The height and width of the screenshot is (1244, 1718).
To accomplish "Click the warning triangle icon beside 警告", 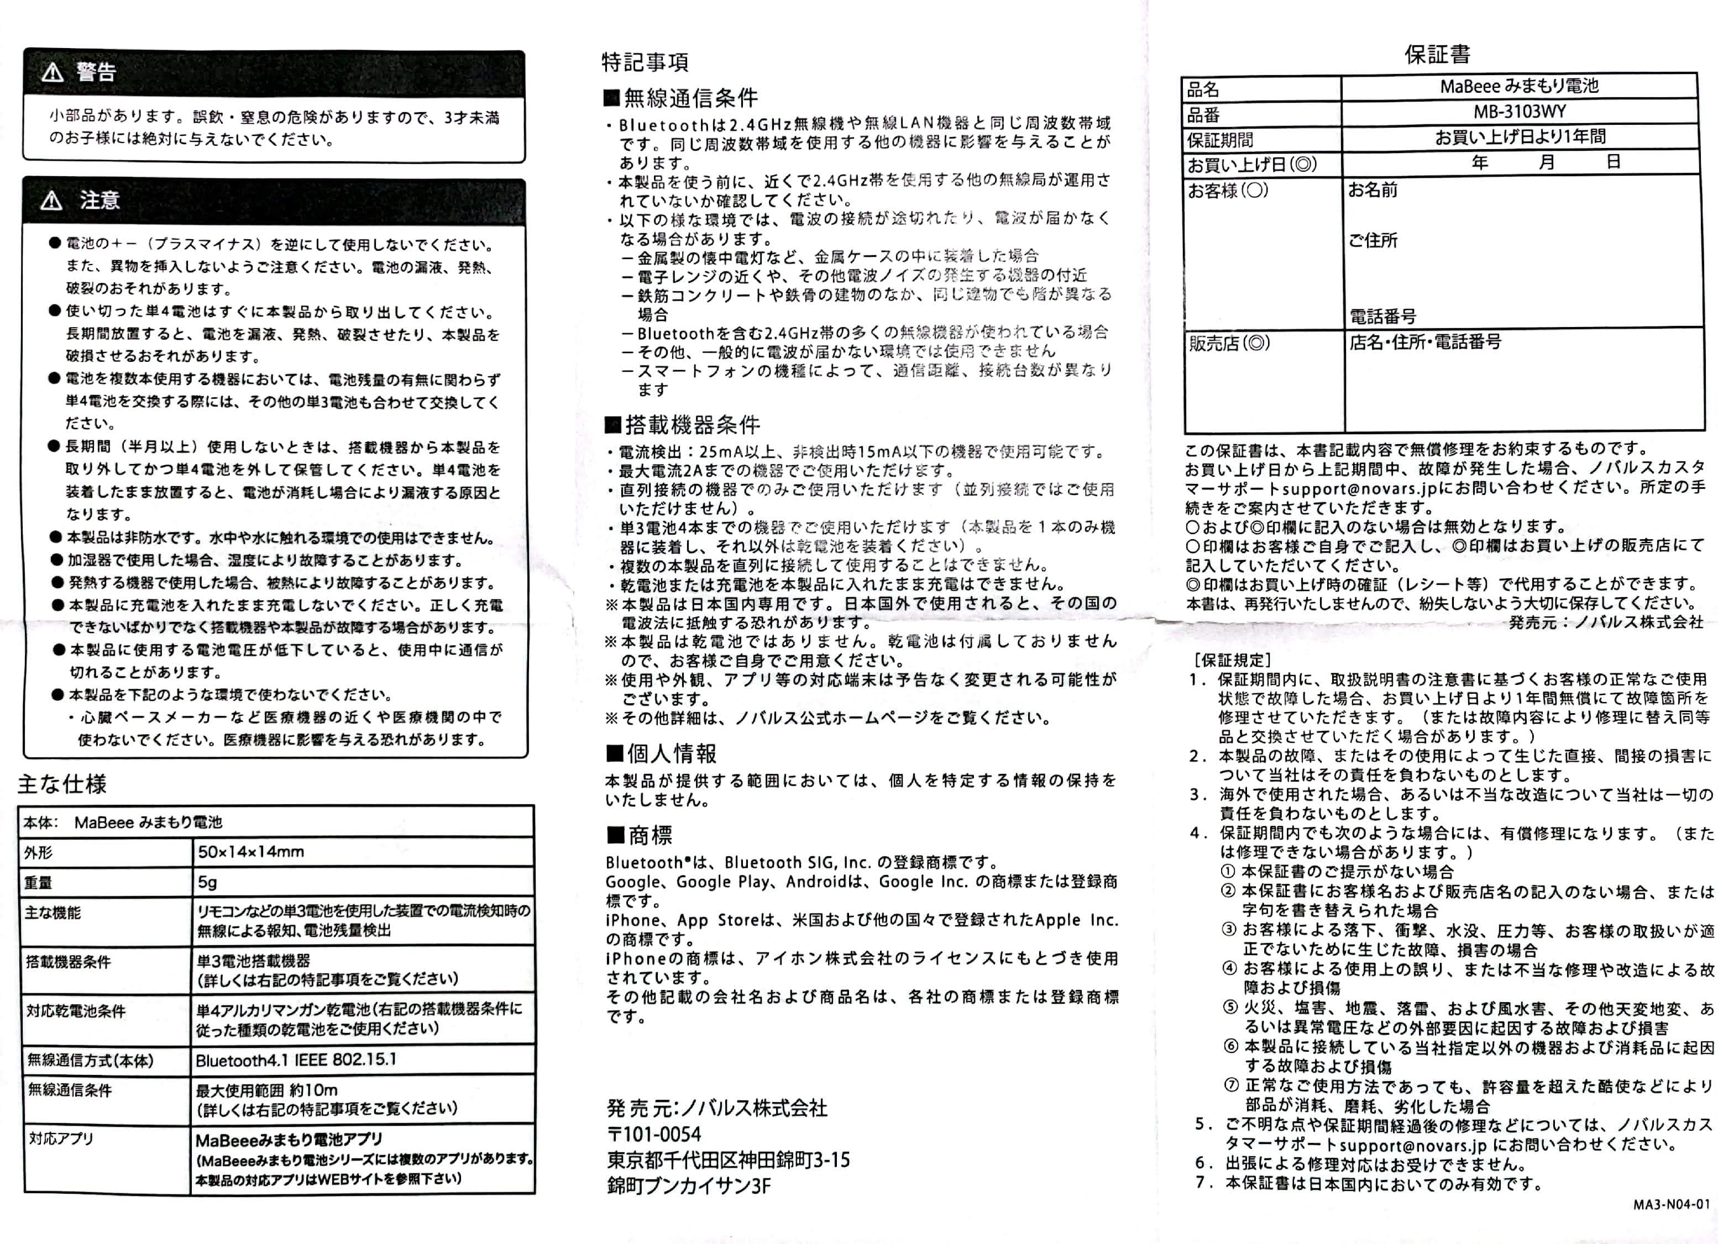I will point(53,73).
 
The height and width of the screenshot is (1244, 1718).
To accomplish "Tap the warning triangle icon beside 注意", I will point(51,201).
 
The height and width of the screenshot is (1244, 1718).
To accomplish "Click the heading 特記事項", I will point(645,62).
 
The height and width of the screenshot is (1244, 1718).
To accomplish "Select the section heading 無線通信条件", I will point(681,98).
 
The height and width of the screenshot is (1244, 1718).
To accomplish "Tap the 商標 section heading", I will point(640,835).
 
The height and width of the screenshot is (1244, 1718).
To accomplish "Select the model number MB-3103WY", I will point(1519,112).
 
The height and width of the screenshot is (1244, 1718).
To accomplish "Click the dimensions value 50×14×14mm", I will point(251,852).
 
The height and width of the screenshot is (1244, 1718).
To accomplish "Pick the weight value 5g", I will point(207,882).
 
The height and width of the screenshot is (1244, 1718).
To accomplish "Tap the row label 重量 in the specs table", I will point(38,883).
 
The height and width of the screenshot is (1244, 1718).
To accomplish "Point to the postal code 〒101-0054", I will point(654,1134).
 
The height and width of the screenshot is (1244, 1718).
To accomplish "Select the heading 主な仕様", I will point(62,784).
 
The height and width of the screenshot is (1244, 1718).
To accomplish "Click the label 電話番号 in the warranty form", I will point(1382,317).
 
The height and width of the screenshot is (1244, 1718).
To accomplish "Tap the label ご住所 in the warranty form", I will point(1373,241).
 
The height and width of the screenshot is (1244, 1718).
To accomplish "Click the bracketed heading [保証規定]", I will point(1232,660).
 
